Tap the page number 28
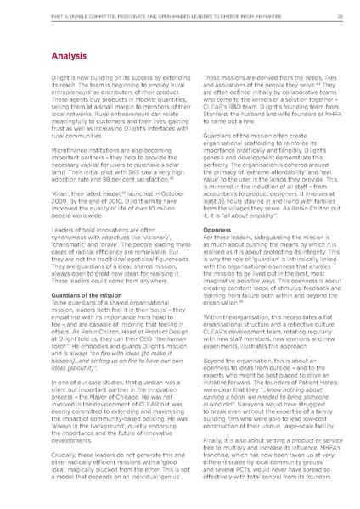(x=338, y=14)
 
